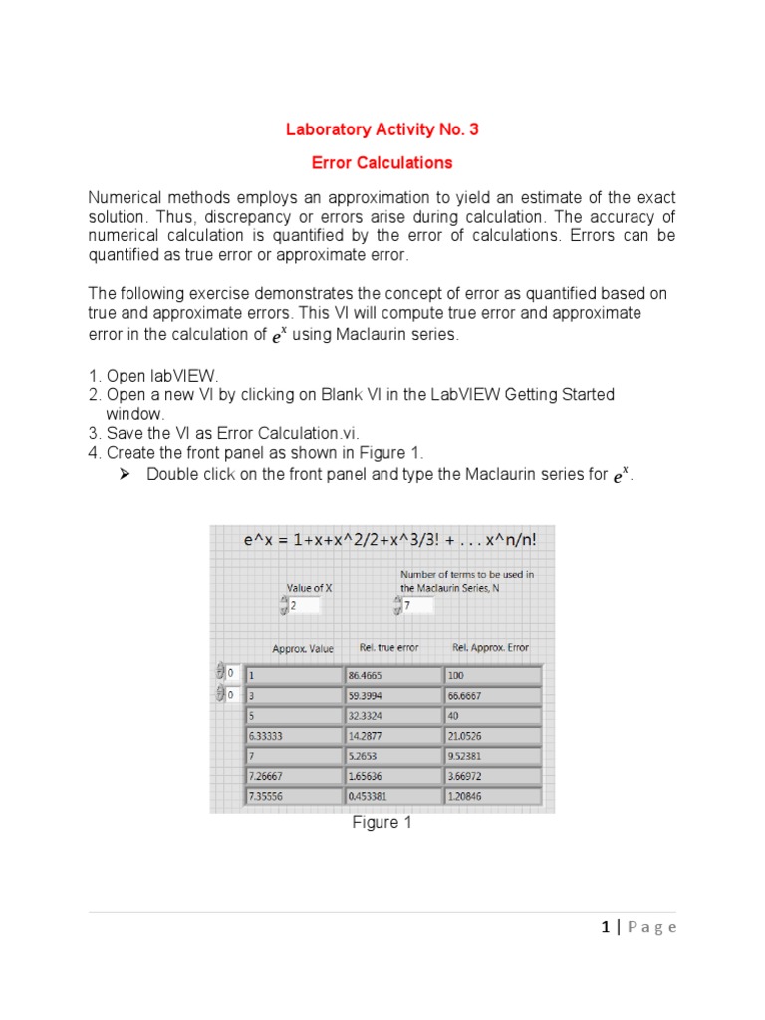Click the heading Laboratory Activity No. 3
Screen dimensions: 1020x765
pyautogui.click(x=382, y=129)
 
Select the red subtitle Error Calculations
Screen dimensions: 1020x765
pyautogui.click(x=382, y=162)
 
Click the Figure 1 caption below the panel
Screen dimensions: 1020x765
pyautogui.click(x=382, y=823)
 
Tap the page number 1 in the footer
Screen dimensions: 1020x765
pyautogui.click(x=605, y=927)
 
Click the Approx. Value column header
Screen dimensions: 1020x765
pyautogui.click(x=303, y=648)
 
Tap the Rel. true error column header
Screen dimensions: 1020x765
pyautogui.click(x=388, y=648)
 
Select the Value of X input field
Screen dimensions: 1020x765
pyautogui.click(x=304, y=605)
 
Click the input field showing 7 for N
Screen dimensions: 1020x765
pyautogui.click(x=417, y=605)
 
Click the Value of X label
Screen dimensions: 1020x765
pyautogui.click(x=309, y=588)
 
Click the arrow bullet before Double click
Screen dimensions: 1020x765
pyautogui.click(x=126, y=474)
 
